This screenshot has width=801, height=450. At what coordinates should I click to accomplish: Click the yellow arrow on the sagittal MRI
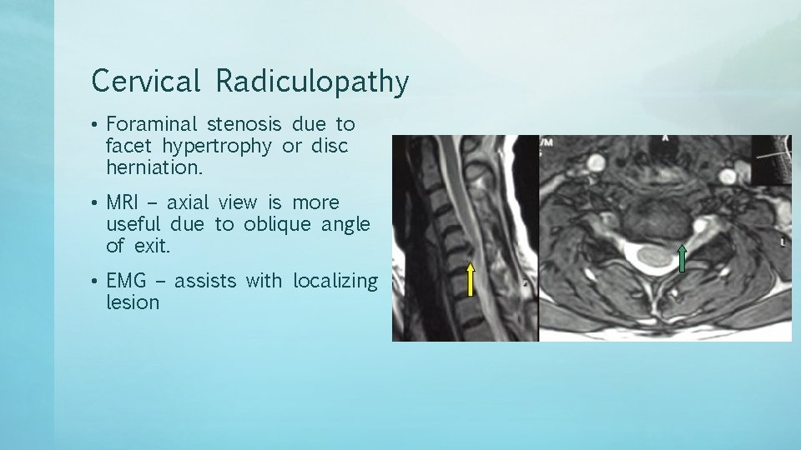pos(471,280)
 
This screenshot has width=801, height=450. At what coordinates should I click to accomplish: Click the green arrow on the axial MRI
pos(683,258)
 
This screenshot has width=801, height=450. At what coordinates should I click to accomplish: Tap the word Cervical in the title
pos(146,82)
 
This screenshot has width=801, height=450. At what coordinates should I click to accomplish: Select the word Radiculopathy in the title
pos(312,82)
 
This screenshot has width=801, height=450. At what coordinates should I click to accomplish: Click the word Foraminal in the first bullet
pos(152,124)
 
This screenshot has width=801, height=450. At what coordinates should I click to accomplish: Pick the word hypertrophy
pos(217,146)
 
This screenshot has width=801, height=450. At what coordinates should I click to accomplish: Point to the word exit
pos(150,246)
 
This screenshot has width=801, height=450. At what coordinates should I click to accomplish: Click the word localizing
pos(335,281)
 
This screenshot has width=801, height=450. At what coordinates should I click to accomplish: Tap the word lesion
pos(133,302)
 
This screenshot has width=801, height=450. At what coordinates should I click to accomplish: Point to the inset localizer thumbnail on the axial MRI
pos(771,159)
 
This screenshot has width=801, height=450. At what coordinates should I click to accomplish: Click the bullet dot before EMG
pos(97,282)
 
